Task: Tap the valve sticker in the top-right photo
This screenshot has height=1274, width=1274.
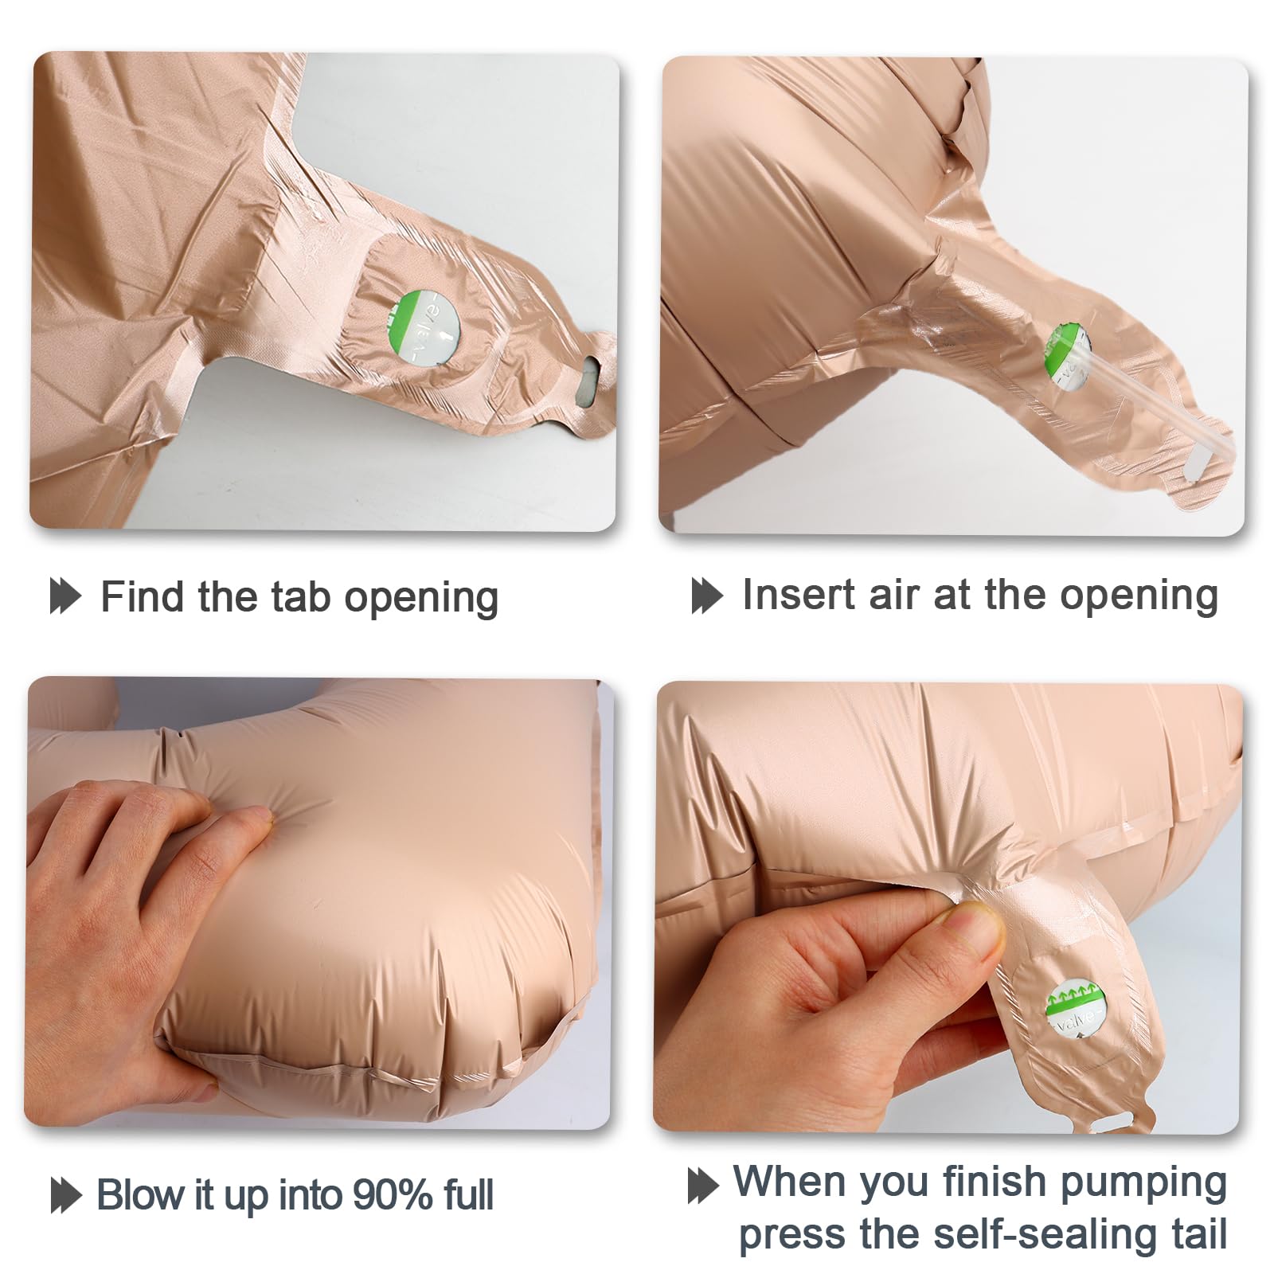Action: pyautogui.click(x=1068, y=358)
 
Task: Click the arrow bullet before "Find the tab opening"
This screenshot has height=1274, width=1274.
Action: pyautogui.click(x=65, y=596)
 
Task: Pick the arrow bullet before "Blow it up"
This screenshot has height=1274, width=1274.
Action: pyautogui.click(x=65, y=1195)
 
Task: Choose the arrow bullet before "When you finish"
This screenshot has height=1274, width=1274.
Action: pyautogui.click(x=703, y=1185)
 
